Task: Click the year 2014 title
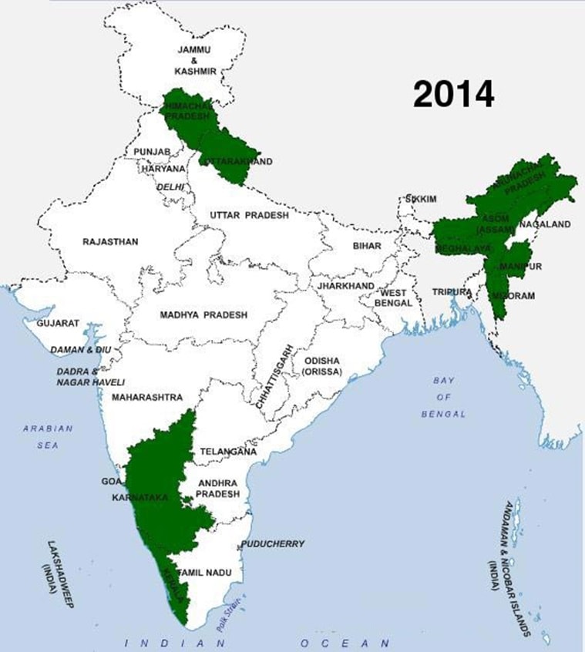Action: click(x=453, y=94)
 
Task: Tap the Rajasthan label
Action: click(x=110, y=241)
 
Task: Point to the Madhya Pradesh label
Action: click(x=203, y=315)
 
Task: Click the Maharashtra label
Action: click(x=147, y=398)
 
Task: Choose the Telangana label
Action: click(x=228, y=452)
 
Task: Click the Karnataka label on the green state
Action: click(x=140, y=499)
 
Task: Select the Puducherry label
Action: click(x=273, y=543)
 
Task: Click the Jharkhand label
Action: click(x=345, y=285)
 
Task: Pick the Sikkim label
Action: click(x=422, y=199)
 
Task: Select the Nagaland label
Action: click(x=545, y=224)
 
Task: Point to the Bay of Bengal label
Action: click(x=443, y=398)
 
